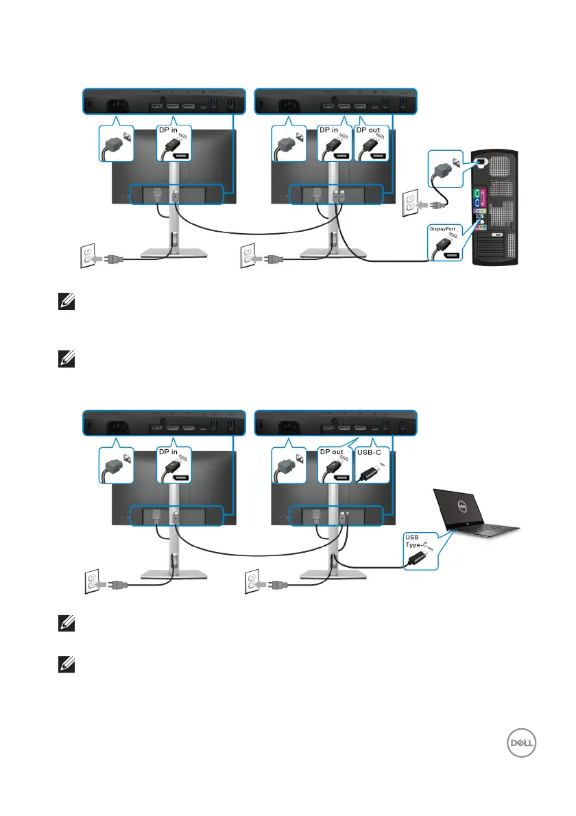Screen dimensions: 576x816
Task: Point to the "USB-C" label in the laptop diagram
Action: tap(370, 452)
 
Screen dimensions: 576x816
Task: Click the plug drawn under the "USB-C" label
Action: tap(370, 474)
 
